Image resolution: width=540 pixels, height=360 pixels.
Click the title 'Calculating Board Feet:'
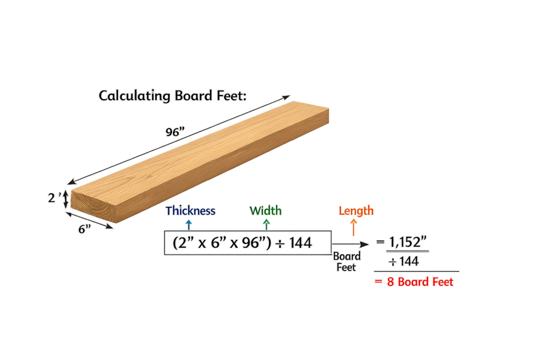tap(173, 96)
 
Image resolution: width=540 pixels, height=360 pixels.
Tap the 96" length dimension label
tap(172, 132)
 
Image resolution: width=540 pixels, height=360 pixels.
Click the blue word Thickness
tap(190, 211)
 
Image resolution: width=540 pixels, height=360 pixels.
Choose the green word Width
tap(266, 211)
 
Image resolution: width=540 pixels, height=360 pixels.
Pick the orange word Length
tap(356, 211)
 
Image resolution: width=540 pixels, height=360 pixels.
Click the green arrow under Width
tap(266, 223)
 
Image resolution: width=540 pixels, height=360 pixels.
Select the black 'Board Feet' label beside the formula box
tap(347, 261)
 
